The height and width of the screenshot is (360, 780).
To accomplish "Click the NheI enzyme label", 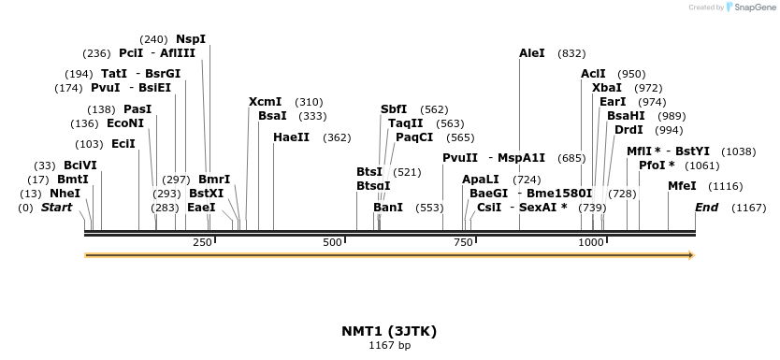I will point(65,194).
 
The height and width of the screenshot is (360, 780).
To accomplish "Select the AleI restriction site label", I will point(531,53).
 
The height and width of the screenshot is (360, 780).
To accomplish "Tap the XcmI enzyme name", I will point(265,102).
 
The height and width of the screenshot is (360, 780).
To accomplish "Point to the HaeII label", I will point(291,137).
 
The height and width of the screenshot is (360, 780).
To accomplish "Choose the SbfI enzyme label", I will point(394,109).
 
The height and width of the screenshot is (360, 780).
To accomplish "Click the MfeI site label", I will point(681,186).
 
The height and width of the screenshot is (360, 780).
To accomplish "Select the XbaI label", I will point(607,88).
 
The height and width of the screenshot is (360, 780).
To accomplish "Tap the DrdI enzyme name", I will point(628,130).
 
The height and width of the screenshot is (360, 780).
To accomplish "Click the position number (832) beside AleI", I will point(571,53).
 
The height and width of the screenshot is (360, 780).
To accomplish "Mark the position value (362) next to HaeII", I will point(337,137).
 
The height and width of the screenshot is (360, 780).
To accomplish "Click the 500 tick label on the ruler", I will point(333,243).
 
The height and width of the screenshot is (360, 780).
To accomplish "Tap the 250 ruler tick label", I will point(202,243).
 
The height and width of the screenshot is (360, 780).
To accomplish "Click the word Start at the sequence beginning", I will point(56,207).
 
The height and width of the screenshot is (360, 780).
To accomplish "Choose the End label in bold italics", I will point(706,207).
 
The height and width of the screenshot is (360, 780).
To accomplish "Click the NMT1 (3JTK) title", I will point(390,331).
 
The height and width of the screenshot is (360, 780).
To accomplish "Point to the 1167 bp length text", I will point(390,346).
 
